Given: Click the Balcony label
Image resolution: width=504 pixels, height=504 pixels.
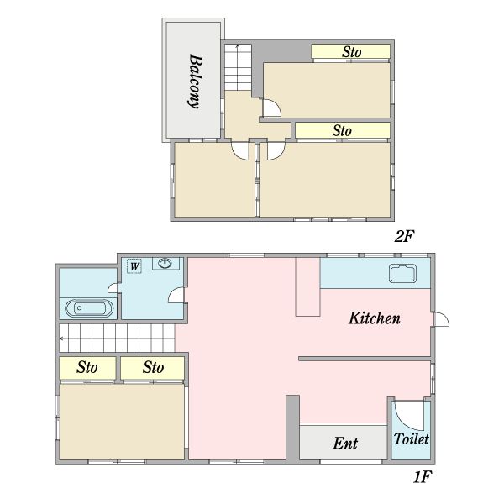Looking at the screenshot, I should [x=194, y=81].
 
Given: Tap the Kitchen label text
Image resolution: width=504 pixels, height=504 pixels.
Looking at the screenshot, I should [x=375, y=318].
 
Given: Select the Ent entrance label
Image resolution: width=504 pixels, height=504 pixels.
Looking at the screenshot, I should [x=345, y=444].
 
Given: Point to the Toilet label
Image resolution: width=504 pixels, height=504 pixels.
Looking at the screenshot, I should [x=412, y=438].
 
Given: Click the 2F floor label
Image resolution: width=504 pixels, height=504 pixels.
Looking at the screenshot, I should [x=406, y=236].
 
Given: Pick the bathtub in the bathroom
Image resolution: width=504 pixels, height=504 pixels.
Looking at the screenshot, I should [x=88, y=308].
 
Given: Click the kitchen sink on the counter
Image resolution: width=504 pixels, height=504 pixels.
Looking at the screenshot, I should [x=402, y=273].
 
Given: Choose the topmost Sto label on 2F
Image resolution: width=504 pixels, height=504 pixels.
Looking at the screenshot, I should [x=352, y=52].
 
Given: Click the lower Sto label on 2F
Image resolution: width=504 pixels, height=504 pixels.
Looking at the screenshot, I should [x=341, y=131].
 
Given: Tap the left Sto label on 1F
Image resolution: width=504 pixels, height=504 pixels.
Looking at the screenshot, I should [x=87, y=368].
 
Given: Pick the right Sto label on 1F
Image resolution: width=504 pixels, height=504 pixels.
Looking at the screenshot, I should [x=153, y=368].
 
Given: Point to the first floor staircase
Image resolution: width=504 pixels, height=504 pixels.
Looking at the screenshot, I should [x=118, y=339].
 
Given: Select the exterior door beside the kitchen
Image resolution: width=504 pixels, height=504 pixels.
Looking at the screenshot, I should [x=441, y=320].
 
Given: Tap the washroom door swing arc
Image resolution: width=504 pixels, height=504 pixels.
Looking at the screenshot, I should [x=176, y=296].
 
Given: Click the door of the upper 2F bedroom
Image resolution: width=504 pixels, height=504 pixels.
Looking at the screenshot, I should [x=272, y=108].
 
